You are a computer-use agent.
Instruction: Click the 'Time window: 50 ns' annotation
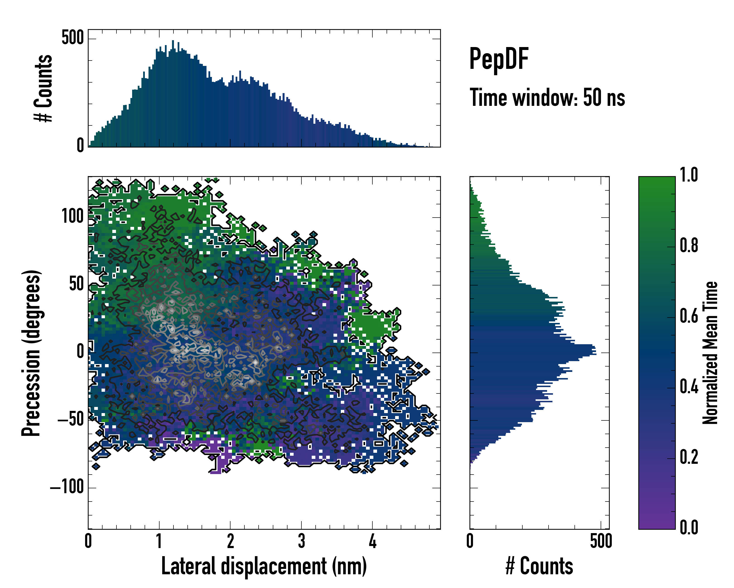pos(547,98)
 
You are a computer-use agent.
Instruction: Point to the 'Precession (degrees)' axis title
pos(31,353)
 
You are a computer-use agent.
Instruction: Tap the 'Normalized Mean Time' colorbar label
pos(710,353)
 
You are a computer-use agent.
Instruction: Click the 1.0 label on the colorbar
pos(689,175)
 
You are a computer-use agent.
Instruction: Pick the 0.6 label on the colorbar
pos(689,316)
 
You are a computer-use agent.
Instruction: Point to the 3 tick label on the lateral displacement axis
pos(301,541)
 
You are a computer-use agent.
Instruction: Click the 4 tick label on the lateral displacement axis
pos(372,541)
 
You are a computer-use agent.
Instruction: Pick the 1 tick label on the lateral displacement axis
pos(159,541)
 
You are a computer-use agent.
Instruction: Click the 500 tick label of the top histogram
pos(72,37)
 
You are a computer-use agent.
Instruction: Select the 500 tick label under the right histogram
pos(601,541)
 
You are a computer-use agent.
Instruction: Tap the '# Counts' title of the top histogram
pos(43,88)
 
